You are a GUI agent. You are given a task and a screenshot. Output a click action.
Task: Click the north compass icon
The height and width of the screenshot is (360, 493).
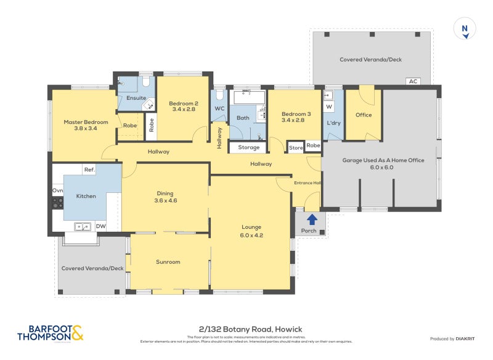point(466,29)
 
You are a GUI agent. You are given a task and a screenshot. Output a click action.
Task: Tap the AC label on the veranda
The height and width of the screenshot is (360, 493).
point(413,81)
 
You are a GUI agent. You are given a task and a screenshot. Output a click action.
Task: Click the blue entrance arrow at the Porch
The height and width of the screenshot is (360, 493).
point(312,219)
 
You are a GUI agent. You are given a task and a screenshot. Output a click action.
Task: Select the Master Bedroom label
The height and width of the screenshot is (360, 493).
point(86,122)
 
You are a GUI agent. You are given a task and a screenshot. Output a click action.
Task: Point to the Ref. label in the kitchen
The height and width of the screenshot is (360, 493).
point(89,170)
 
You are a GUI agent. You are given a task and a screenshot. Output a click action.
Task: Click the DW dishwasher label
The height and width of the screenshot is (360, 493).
point(100,227)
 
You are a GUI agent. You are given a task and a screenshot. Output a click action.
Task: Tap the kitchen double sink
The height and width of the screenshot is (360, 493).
point(82,227)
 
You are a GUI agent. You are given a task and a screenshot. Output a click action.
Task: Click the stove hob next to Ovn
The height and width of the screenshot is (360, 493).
point(58,202)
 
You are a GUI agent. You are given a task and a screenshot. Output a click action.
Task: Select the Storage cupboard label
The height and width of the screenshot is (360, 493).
point(248,147)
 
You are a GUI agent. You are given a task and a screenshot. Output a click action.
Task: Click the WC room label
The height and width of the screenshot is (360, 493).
point(219,109)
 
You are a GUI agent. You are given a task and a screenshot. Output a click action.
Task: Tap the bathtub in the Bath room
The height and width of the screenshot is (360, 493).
point(248,97)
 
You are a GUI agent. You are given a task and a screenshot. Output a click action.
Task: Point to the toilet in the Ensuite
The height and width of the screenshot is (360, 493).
point(146,82)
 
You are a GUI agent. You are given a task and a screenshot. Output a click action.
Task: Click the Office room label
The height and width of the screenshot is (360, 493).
point(364,115)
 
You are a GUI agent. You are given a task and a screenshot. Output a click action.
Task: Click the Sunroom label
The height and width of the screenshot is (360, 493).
point(168,262)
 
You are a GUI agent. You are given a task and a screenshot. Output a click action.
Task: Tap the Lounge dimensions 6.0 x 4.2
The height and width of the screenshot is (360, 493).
point(251,235)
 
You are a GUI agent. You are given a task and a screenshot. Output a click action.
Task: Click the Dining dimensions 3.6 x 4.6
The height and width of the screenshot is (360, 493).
point(165,200)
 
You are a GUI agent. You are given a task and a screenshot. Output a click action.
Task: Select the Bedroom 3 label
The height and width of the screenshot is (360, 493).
point(296,114)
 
